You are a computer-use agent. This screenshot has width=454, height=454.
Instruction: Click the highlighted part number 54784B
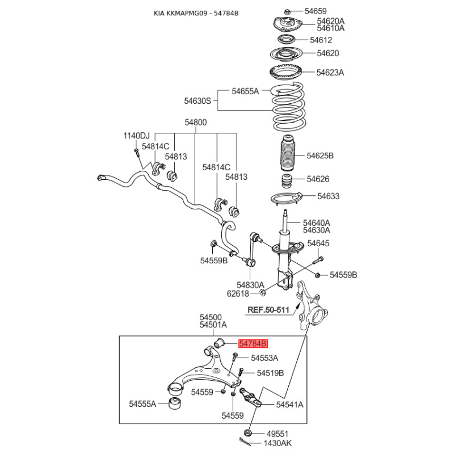(x=253, y=343)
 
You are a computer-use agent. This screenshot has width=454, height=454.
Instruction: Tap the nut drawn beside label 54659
(x=287, y=11)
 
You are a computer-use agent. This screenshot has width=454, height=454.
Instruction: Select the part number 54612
(x=321, y=40)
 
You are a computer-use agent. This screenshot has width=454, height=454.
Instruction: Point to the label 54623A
(x=330, y=73)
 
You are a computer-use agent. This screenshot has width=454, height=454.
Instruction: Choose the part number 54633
(x=328, y=196)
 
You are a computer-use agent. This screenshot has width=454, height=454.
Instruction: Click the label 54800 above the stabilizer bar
(x=195, y=122)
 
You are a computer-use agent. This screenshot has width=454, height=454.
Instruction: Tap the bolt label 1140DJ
(x=137, y=136)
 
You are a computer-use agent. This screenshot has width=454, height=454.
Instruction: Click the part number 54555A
(x=142, y=404)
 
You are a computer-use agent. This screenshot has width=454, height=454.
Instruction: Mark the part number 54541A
(x=289, y=405)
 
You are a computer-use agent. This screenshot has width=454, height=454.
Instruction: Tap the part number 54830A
(x=250, y=285)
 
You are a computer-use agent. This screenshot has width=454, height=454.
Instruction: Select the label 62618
(x=239, y=294)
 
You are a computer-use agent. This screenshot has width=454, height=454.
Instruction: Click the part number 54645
(x=318, y=243)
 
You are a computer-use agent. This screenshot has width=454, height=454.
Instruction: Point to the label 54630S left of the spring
(x=197, y=101)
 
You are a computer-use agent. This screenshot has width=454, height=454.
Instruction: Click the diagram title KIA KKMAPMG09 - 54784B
(x=196, y=13)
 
